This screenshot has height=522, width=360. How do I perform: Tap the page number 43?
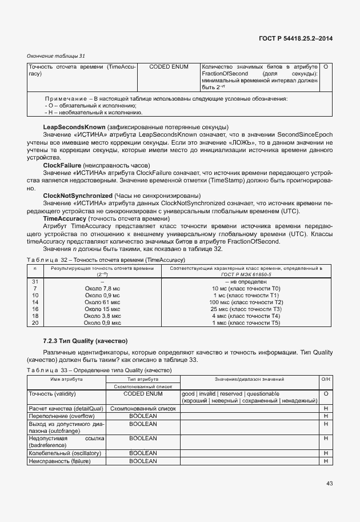329,484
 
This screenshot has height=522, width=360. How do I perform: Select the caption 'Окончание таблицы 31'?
56,56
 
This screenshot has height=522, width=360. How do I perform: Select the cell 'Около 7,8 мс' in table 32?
102,289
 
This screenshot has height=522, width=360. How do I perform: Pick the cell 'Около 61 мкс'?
102,302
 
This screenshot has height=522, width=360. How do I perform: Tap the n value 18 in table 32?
35,316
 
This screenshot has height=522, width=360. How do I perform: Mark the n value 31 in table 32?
35,282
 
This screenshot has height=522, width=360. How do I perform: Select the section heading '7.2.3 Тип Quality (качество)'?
85,341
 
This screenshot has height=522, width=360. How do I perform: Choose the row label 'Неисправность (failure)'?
61,460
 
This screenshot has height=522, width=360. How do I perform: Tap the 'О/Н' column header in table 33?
325,379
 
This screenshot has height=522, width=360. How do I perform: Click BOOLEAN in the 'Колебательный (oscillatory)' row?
143,453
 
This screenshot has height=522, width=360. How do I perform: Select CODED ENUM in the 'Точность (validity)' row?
143,394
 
